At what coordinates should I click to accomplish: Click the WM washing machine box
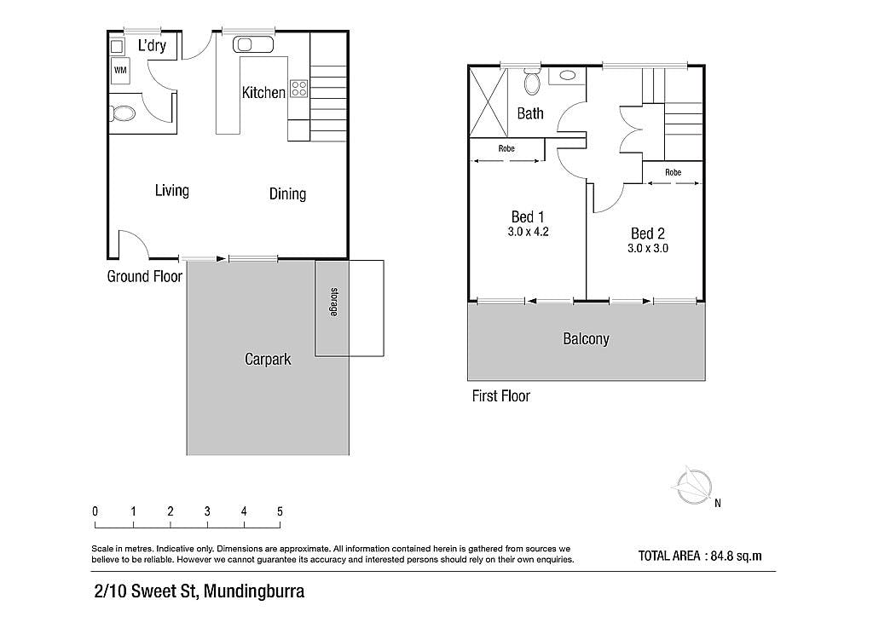[x=120, y=71]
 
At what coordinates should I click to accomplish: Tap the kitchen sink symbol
[x=252, y=44]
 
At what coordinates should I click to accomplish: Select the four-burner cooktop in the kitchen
[x=299, y=89]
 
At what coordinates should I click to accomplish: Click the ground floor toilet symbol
[x=122, y=114]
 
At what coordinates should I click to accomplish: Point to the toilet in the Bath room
[x=533, y=84]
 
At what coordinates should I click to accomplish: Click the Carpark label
[x=268, y=360]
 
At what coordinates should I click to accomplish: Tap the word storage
[x=334, y=302]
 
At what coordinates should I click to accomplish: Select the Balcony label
[x=586, y=339]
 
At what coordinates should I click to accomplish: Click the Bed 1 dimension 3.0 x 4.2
[x=528, y=232]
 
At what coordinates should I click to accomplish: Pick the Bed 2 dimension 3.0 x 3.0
[x=648, y=249]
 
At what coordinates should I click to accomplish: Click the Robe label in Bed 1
[x=506, y=148]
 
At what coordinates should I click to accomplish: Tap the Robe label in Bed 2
[x=674, y=172]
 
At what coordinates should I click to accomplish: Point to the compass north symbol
[x=694, y=487]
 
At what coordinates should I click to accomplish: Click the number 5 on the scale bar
[x=280, y=511]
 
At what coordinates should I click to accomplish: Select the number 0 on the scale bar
[x=95, y=511]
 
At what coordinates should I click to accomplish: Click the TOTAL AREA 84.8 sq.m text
[x=700, y=556]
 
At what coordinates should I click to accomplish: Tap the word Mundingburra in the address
[x=254, y=591]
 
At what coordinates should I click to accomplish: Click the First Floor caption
[x=501, y=396]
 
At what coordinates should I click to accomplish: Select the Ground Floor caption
[x=145, y=276]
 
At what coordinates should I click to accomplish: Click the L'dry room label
[x=152, y=45]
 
